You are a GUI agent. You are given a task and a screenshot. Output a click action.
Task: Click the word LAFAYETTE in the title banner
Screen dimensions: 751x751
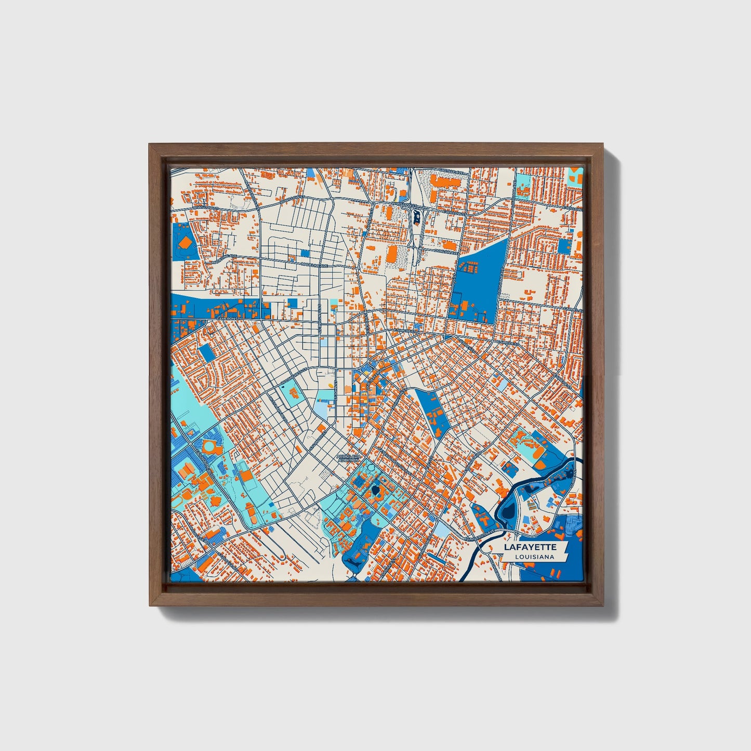[x=530, y=547]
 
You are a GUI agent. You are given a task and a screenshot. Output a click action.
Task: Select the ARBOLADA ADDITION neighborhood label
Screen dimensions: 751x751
[x=348, y=458]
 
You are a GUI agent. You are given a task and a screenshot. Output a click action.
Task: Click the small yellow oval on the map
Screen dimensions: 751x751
[x=331, y=385]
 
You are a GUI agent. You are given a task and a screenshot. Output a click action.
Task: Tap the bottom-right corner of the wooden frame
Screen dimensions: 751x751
[x=603, y=605]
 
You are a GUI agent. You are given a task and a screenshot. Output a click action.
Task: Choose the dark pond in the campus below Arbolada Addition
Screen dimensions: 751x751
[x=375, y=491]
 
